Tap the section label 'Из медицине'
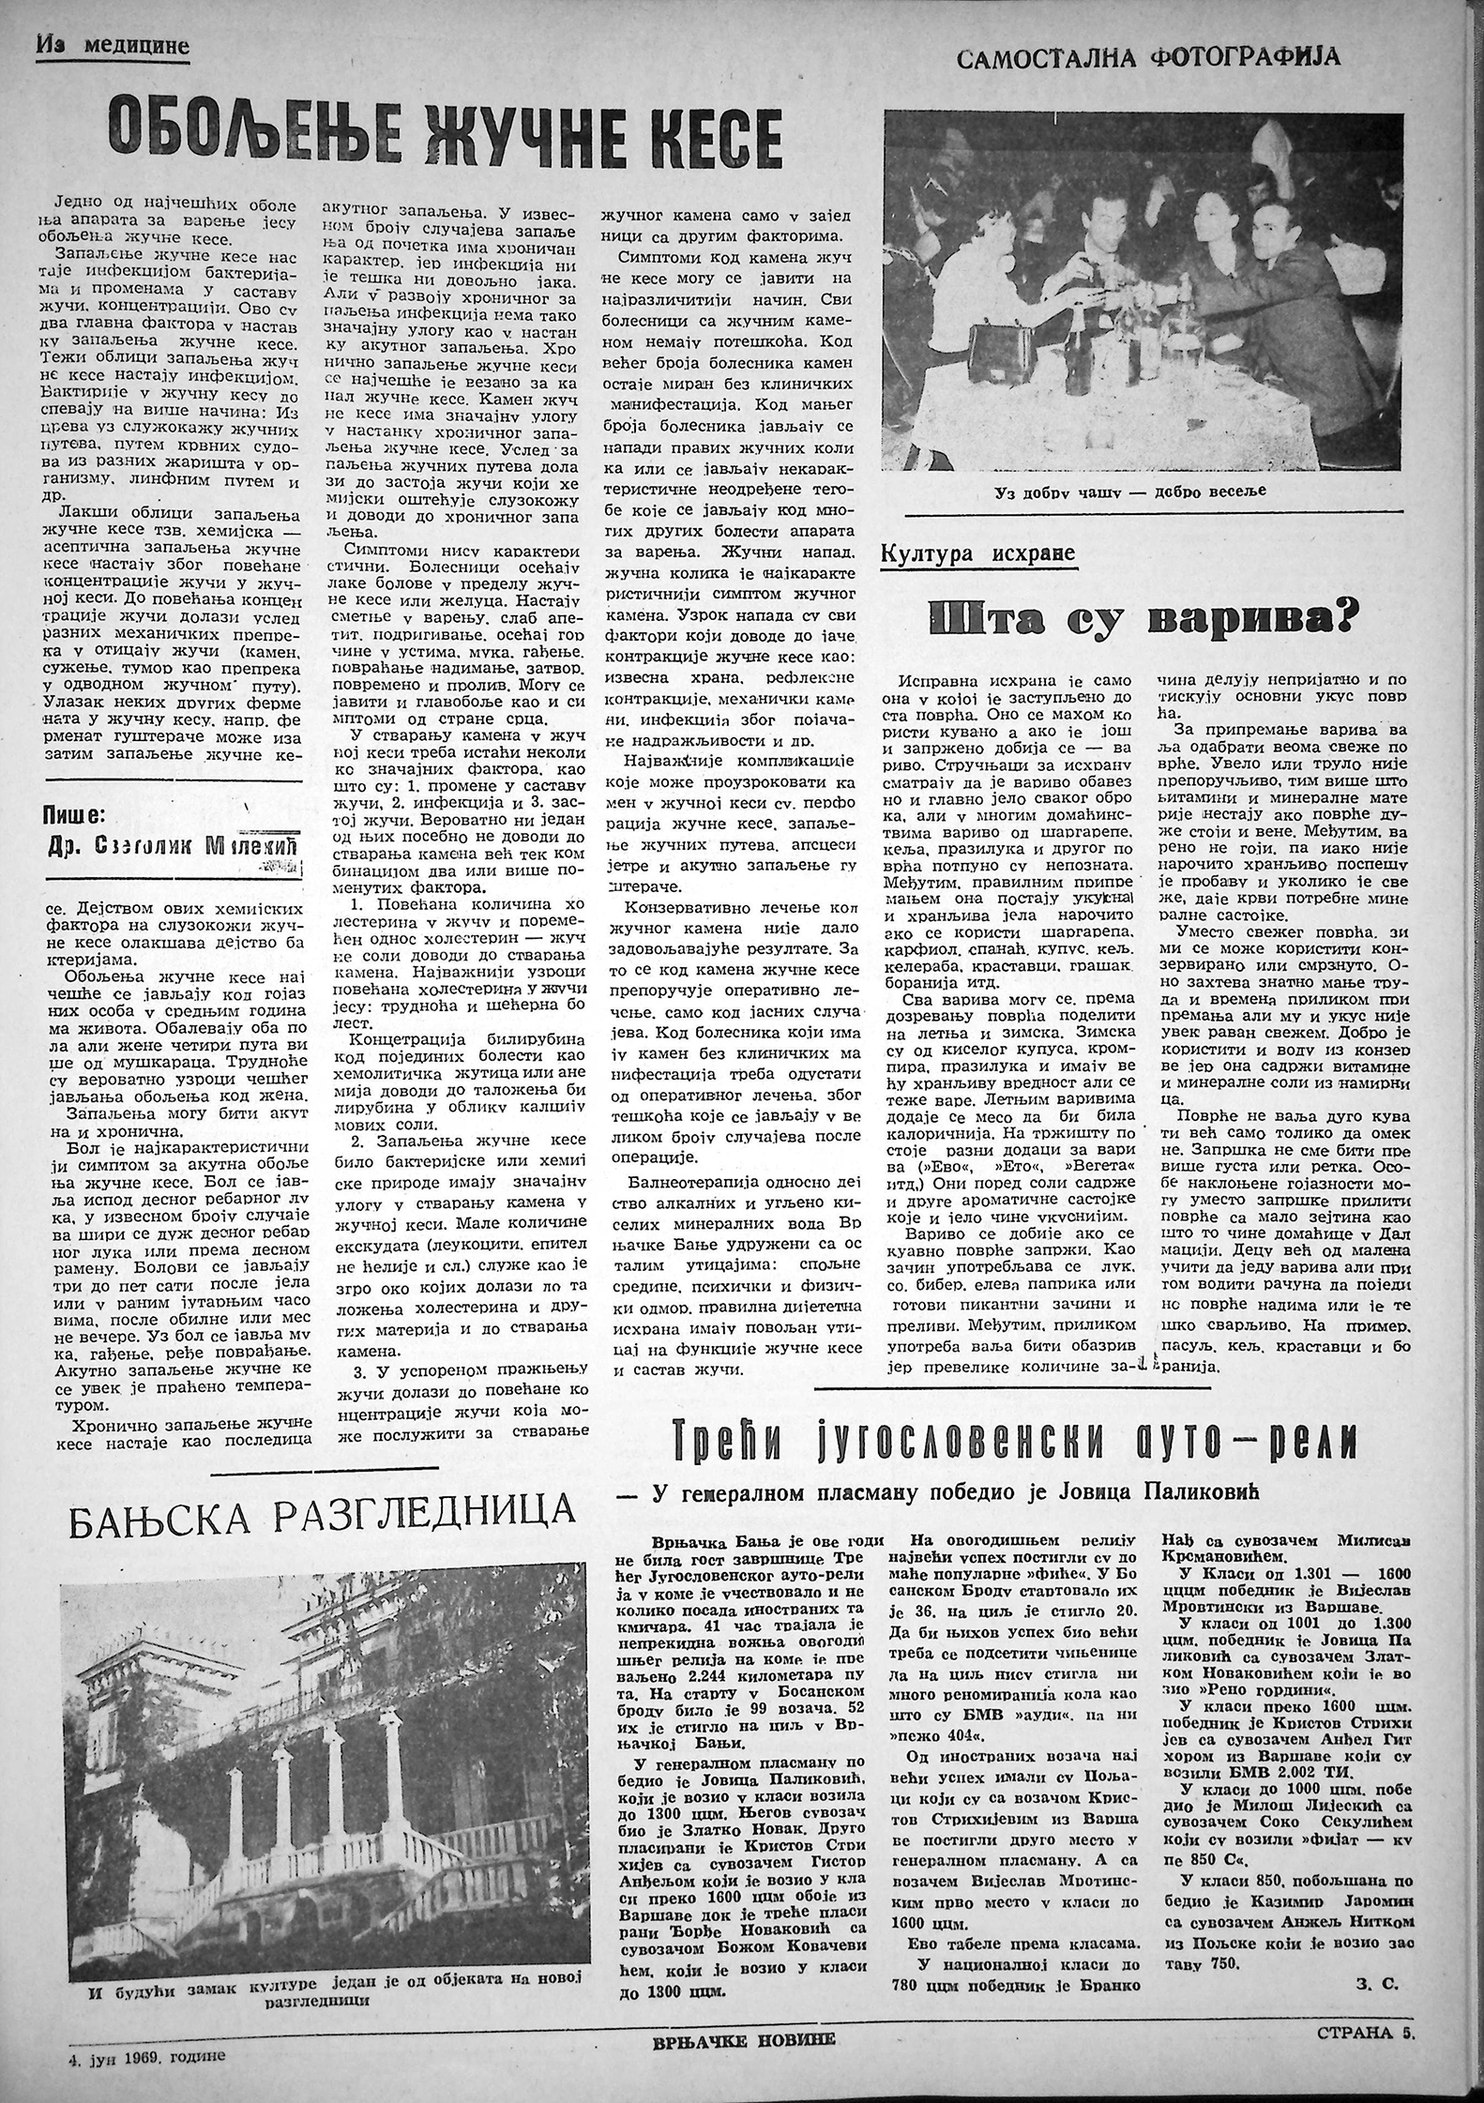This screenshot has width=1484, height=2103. pyautogui.click(x=114, y=44)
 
